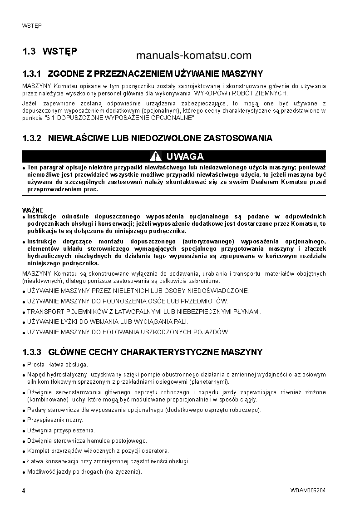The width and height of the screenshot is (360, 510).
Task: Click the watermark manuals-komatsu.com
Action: pos(193,55)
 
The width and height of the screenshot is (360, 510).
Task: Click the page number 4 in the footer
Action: pos(24,490)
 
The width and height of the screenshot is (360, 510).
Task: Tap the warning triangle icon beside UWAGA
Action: pos(156,157)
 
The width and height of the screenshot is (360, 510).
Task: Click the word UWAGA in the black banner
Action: pos(185,157)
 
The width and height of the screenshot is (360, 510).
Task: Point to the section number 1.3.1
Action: pos(32,74)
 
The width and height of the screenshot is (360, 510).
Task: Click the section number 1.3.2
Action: pos(32,138)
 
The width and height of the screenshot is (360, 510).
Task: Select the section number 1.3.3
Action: pos(32,352)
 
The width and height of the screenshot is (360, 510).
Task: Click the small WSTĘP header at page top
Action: pos(32,25)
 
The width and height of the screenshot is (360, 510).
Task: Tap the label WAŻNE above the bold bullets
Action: pos(33,210)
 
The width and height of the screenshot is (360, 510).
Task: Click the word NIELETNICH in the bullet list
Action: pos(119,291)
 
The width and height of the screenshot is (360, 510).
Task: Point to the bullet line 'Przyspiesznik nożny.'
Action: pos(55,420)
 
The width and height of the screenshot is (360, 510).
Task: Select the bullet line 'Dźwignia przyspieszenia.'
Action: pos(61,430)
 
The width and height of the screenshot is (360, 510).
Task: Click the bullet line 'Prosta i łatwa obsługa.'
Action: pos(58,364)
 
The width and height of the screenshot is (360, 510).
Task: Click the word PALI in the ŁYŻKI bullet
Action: pos(181,322)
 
